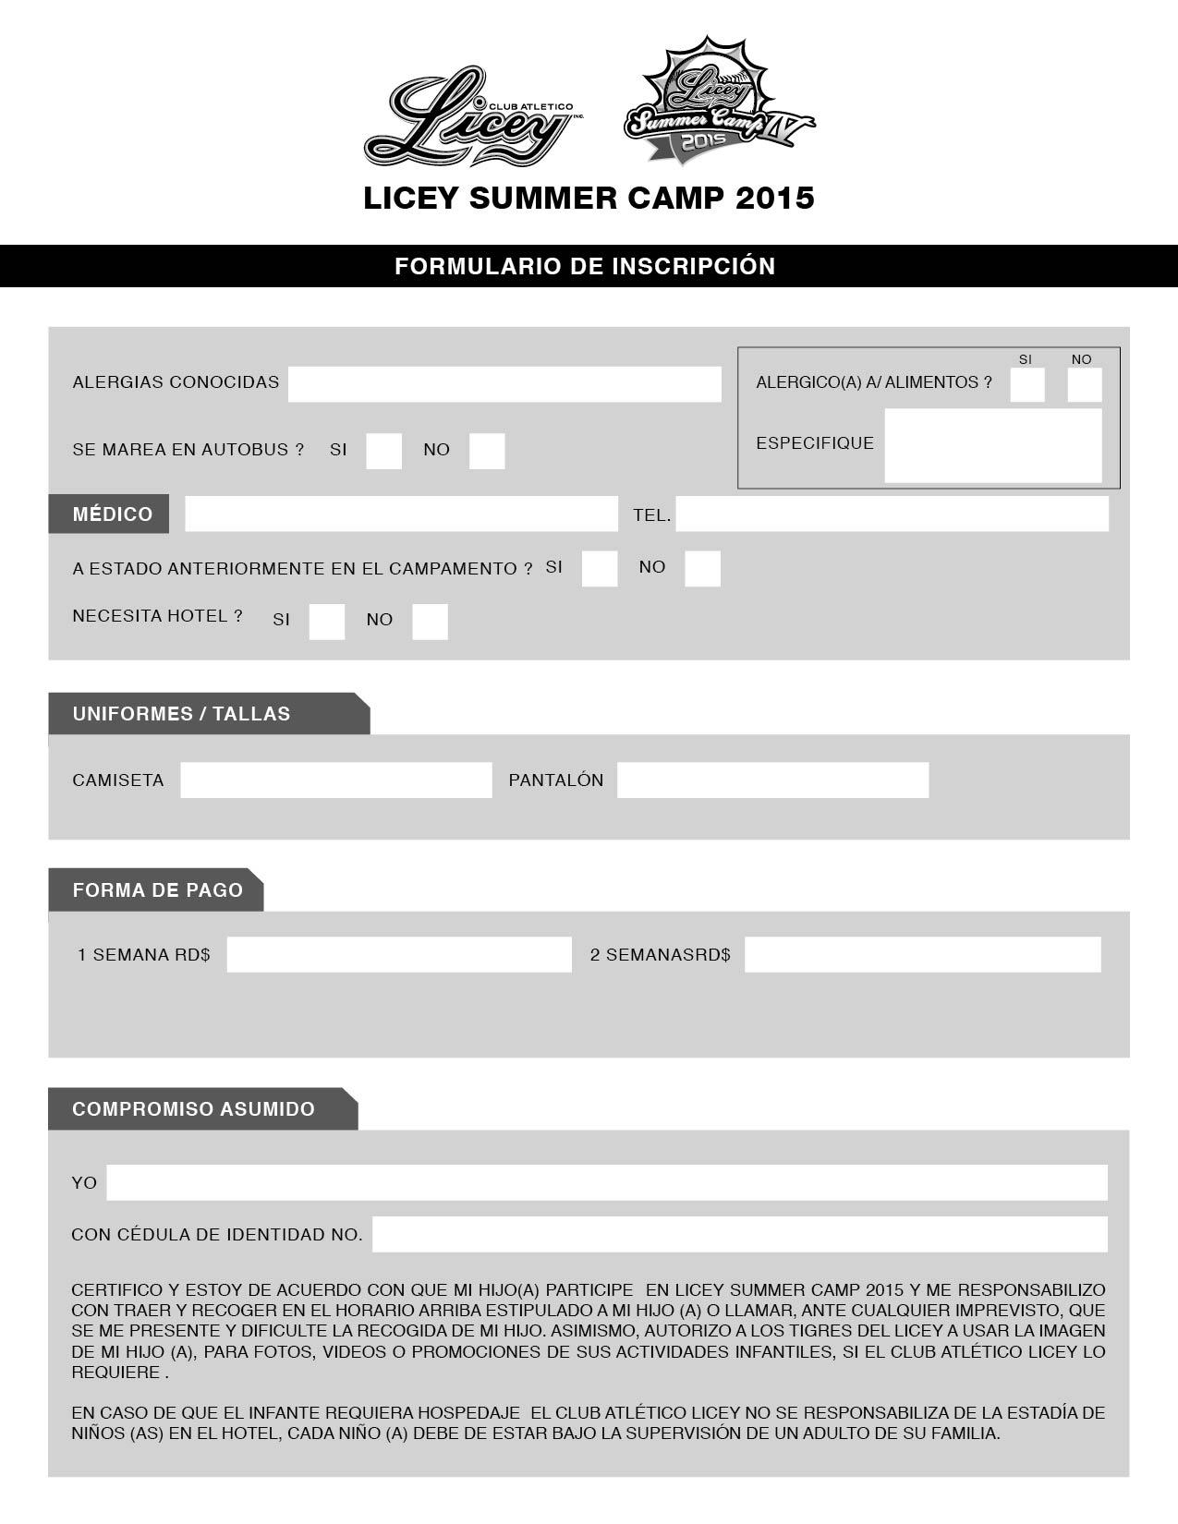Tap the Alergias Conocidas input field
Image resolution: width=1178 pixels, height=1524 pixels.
[504, 384]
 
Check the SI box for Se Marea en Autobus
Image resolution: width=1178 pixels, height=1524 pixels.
[383, 451]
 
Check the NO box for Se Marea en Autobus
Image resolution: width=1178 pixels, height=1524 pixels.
[487, 451]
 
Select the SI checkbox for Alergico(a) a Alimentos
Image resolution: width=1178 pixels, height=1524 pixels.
[1026, 384]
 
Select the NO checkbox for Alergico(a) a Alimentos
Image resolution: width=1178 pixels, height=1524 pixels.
[1084, 384]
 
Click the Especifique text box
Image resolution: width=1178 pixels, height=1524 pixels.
[992, 445]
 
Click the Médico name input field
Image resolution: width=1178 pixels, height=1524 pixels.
[401, 514]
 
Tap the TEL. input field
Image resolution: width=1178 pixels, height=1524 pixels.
[892, 514]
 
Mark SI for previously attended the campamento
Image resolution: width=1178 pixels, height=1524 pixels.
[600, 569]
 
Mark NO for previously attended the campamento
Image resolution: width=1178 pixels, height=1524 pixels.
[702, 569]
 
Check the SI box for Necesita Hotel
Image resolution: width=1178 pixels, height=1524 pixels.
[326, 622]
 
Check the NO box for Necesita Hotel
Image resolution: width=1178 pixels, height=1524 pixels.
[430, 622]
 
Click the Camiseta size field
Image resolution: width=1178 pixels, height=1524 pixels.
[335, 780]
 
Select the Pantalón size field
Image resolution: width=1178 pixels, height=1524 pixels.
[772, 780]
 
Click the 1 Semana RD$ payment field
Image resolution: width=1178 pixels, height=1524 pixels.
[399, 955]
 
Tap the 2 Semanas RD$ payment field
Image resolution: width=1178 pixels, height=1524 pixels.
[922, 955]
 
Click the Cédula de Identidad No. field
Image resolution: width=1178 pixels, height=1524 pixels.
[739, 1234]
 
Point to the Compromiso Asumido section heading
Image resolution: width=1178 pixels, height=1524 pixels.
[194, 1109]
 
